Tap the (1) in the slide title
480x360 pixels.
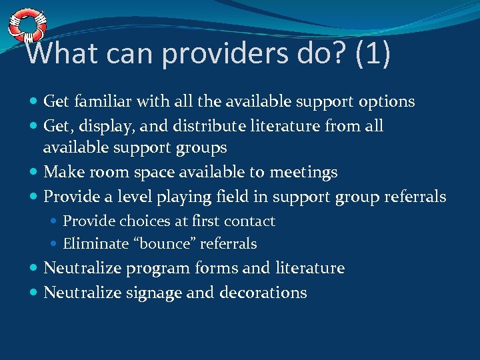click(373, 53)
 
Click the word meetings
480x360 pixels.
click(303, 172)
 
